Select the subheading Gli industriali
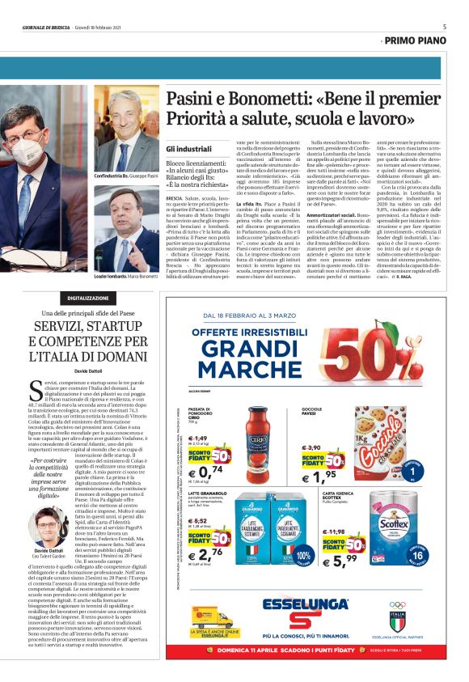pos(188,150)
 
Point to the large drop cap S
pos(35,391)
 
